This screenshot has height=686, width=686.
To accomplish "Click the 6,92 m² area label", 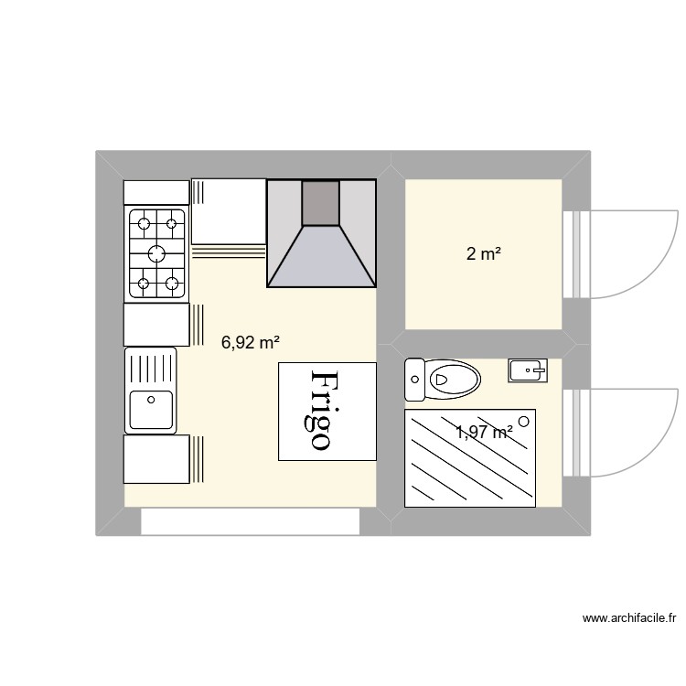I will click(250, 343).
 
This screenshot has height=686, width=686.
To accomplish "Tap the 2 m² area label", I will click(483, 255).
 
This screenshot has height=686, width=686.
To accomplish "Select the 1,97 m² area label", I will click(484, 433).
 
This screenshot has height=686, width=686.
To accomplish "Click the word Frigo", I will click(327, 411).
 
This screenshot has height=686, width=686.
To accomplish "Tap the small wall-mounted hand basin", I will click(527, 370).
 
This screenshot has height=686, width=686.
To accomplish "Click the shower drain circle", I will click(524, 421).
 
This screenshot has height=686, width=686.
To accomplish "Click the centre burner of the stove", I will click(156, 253).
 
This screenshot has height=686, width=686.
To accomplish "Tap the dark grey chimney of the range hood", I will click(320, 203).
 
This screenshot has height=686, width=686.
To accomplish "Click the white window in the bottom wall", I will click(250, 522).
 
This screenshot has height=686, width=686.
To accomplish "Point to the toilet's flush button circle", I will click(416, 378).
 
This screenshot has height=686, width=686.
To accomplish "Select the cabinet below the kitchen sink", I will click(156, 459).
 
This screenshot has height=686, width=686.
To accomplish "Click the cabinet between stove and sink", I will click(156, 325).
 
